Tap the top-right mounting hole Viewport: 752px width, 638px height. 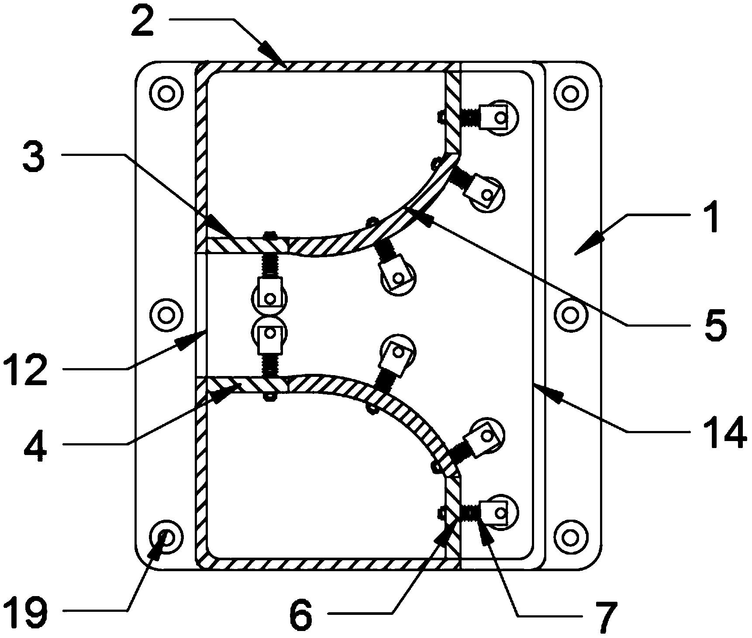(569, 93)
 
